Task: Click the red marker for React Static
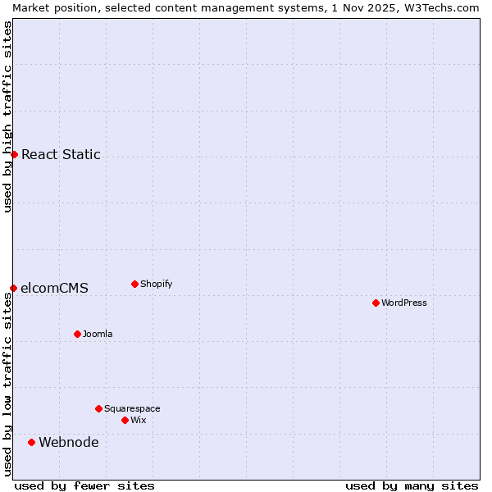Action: coord(14,154)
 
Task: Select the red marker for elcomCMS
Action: coord(13,288)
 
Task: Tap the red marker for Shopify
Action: coord(134,284)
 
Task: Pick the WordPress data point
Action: coord(376,303)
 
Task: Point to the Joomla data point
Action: coord(77,334)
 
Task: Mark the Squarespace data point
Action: coord(98,408)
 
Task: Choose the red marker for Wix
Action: coord(125,420)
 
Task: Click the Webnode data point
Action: coord(31,442)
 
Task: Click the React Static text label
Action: coord(61,154)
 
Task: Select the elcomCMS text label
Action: coord(54,288)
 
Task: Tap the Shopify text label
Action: coord(156,284)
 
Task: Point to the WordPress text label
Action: coord(403,303)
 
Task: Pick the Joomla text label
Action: coord(98,334)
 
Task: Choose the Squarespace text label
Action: coord(132,408)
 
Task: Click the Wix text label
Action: coord(138,420)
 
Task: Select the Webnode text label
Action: coord(69,442)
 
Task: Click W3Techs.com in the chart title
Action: coord(446,7)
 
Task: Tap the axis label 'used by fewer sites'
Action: coord(84,485)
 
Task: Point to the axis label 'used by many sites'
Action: coord(412,485)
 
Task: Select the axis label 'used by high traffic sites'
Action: coord(7,116)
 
